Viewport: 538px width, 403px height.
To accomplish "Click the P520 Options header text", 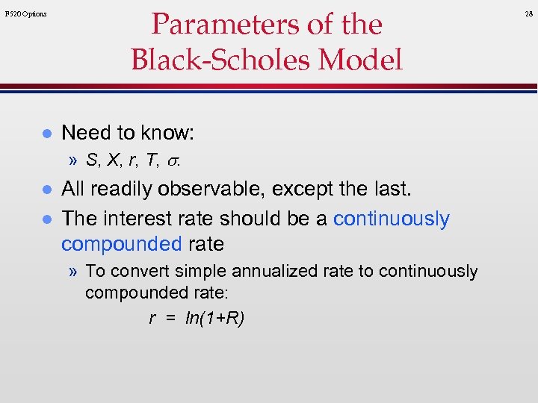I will pyautogui.click(x=25, y=13).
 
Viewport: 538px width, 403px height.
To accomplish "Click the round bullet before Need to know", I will pyautogui.click(x=46, y=134).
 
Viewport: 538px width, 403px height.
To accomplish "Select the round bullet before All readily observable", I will pyautogui.click(x=46, y=190).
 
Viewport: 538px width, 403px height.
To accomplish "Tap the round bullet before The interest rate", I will pyautogui.click(x=46, y=219).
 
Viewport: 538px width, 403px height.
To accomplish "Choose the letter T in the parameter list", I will pyautogui.click(x=155, y=160).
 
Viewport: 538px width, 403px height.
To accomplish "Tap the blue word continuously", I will pyautogui.click(x=391, y=219).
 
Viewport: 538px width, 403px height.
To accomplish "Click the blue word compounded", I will pyautogui.click(x=121, y=244).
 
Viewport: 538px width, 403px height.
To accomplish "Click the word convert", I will pyautogui.click(x=133, y=271).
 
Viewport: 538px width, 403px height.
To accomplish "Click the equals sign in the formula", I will pyautogui.click(x=170, y=319).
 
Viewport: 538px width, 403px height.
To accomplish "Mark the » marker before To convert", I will pyautogui.click(x=74, y=271).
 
